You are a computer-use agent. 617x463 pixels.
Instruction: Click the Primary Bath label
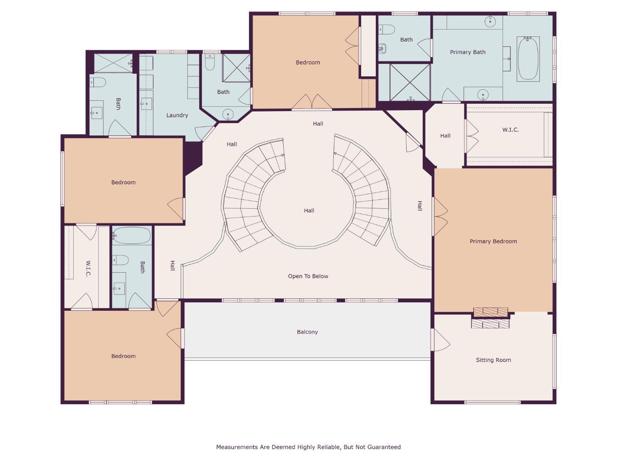(x=467, y=52)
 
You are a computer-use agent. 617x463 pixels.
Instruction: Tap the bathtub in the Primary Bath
(x=528, y=58)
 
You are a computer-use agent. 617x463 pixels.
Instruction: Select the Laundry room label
(x=177, y=115)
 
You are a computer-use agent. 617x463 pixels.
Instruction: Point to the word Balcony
(x=307, y=332)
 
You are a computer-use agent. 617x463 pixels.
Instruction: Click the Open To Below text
(x=308, y=277)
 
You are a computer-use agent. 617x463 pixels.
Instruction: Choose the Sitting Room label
(x=493, y=360)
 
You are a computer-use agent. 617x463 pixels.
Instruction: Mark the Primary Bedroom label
(x=493, y=241)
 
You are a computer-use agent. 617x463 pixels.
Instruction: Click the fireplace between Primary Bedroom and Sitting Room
(x=490, y=318)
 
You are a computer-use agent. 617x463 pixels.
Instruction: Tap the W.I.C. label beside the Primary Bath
(x=510, y=129)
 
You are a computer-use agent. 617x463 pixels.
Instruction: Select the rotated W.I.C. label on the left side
(x=88, y=268)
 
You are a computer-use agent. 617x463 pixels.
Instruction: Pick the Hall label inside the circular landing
(x=309, y=210)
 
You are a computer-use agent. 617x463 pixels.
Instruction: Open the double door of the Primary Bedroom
(x=440, y=216)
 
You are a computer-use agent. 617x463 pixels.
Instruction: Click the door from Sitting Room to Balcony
(x=440, y=340)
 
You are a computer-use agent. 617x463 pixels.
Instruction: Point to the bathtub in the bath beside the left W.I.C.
(x=132, y=235)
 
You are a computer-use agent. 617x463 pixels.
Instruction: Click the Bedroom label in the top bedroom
(x=308, y=63)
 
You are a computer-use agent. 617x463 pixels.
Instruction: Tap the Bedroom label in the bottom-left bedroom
(x=123, y=356)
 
